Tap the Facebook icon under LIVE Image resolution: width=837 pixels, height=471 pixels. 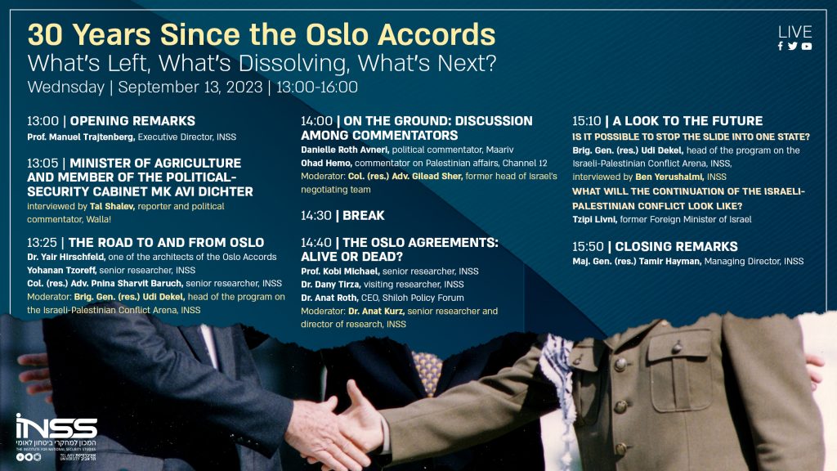(x=781, y=47)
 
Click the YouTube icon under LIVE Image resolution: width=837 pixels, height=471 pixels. (x=807, y=47)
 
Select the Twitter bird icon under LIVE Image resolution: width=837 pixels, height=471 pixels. (x=793, y=47)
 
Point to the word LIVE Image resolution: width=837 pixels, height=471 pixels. (x=794, y=32)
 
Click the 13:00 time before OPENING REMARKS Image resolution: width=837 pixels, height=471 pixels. (x=43, y=120)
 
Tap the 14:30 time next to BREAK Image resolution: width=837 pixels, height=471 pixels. (x=316, y=215)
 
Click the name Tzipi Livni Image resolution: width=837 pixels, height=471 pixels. (x=598, y=219)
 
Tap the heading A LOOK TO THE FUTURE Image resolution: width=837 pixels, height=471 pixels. (x=678, y=120)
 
